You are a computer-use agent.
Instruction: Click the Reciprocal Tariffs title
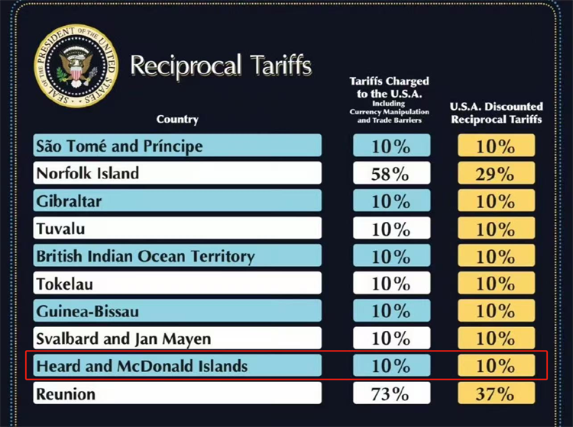point(221,66)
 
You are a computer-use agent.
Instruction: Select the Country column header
point(177,119)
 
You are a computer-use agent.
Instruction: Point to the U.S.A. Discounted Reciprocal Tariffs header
point(496,113)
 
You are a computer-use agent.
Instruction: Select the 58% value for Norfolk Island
point(390,174)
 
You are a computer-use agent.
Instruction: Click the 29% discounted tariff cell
point(495,174)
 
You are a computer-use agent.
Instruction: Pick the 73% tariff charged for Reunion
point(390,393)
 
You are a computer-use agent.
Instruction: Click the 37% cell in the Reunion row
point(495,393)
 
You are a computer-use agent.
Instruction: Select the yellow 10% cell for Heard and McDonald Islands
point(495,366)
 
